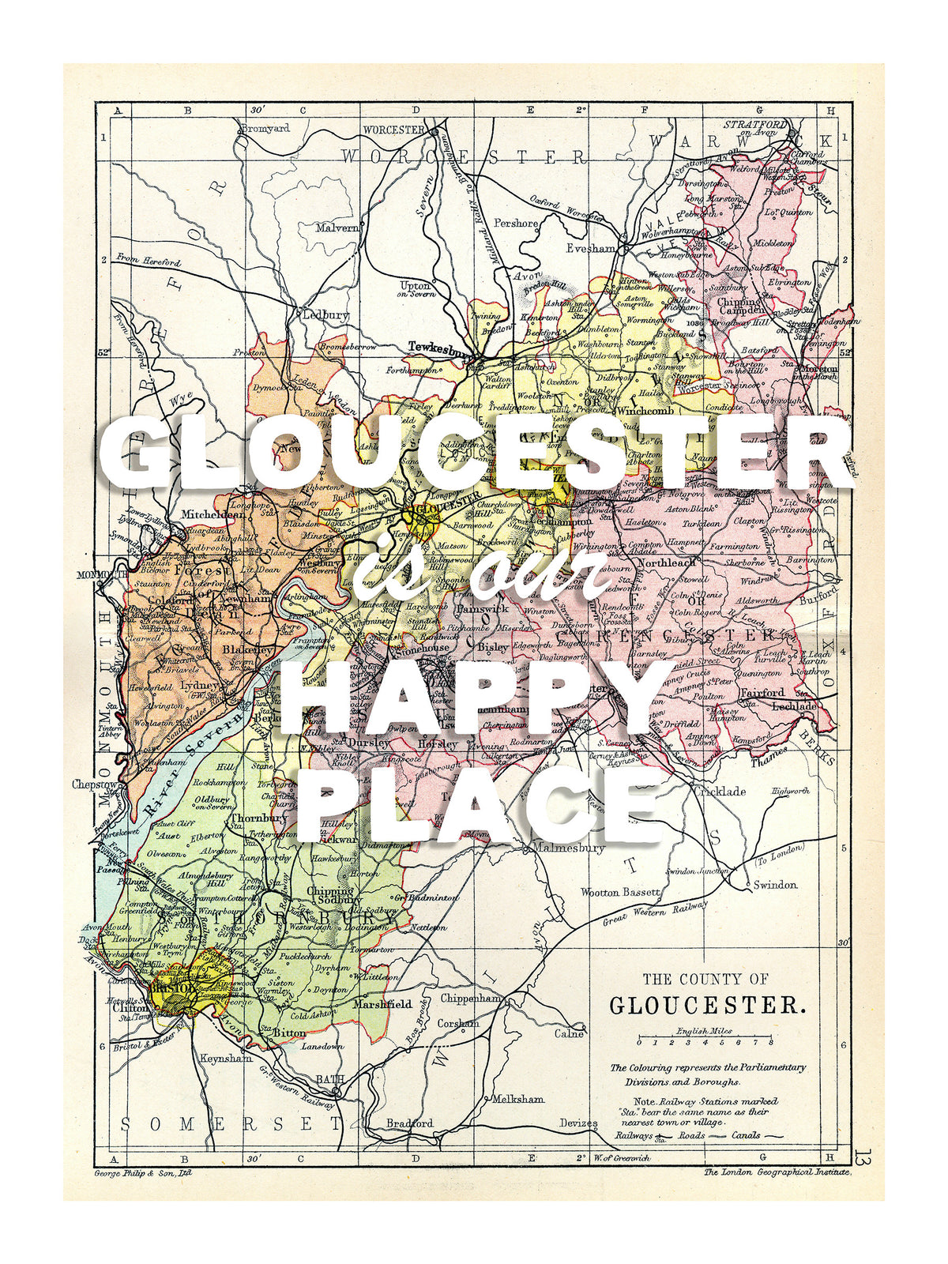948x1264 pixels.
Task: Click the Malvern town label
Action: tap(337, 228)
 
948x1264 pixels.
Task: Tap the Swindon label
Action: tap(774, 885)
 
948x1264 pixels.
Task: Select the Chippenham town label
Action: tap(471, 999)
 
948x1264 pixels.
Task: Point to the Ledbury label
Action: tap(325, 314)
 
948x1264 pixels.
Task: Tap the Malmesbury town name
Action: tap(569, 848)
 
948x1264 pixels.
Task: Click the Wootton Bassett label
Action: tap(620, 892)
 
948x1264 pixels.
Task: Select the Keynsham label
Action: tap(226, 1058)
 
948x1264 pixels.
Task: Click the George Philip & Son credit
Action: tap(142, 1173)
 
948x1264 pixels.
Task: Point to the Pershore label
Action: tap(516, 224)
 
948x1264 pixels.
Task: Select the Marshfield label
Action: tap(382, 1004)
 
